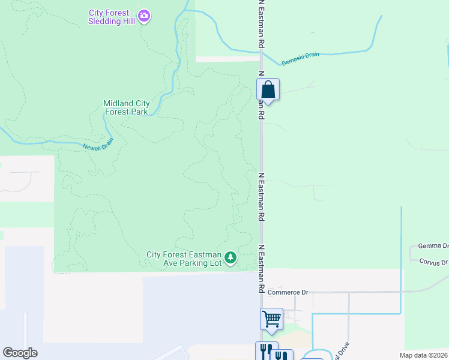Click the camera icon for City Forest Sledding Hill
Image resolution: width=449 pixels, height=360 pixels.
[x=143, y=16]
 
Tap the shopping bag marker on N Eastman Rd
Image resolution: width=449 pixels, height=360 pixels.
[x=268, y=90]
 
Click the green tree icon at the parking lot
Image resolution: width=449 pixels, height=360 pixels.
[x=231, y=258]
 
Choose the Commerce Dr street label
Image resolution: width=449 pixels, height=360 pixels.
[x=288, y=292]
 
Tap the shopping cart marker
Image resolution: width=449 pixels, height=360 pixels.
[x=271, y=319]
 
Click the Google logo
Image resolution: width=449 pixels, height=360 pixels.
[x=19, y=352]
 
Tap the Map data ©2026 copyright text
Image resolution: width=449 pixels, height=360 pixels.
[x=424, y=355]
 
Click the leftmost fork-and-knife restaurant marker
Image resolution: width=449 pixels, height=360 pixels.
[x=267, y=351]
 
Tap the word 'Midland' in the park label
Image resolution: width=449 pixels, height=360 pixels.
[x=116, y=103]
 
